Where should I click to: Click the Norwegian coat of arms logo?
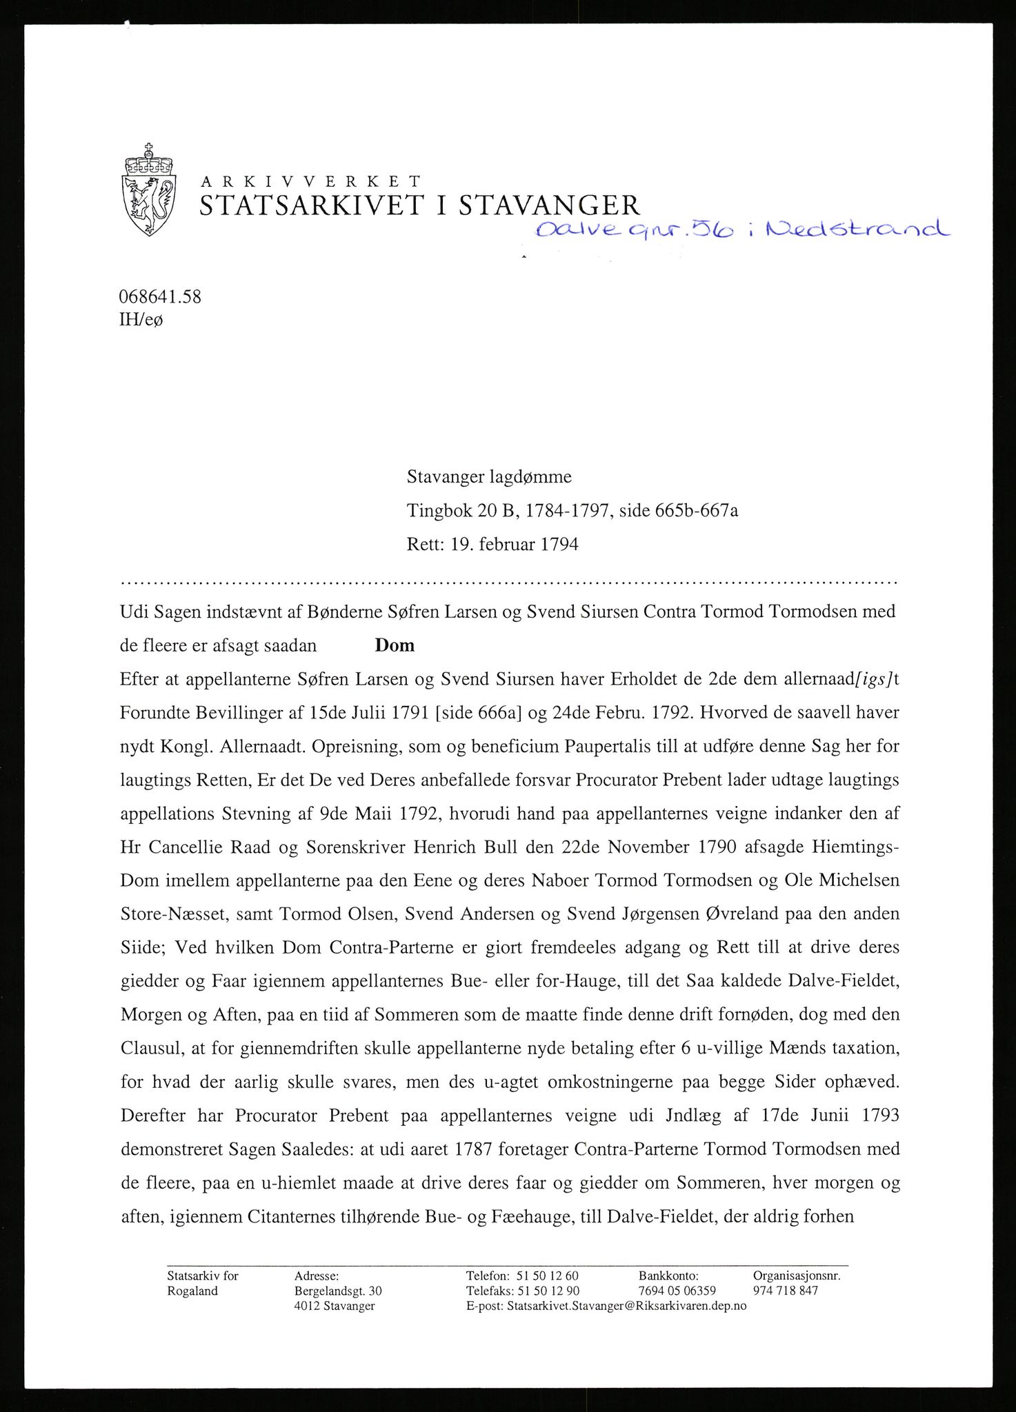click(x=148, y=191)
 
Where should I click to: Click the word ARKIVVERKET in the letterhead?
click(x=310, y=182)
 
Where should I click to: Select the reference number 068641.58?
click(x=161, y=297)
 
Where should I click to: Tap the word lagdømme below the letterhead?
click(x=527, y=476)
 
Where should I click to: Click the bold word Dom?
click(x=395, y=645)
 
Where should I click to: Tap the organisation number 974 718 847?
click(x=786, y=1291)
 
